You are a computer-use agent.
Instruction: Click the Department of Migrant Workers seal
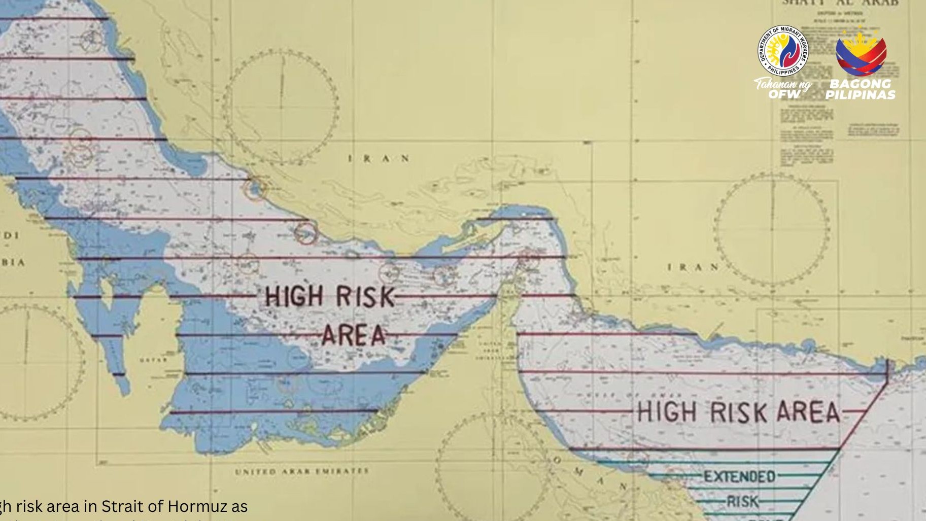782,51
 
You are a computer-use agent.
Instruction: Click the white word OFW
783,94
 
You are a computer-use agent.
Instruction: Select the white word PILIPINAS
860,95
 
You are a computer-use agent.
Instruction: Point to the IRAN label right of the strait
693,267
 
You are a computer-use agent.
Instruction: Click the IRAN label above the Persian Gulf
379,158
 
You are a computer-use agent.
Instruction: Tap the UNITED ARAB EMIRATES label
301,471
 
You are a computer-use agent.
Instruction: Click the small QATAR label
153,360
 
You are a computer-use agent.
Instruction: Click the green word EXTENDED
739,476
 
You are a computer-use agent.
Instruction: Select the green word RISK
742,502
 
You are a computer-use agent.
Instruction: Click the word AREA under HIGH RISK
354,335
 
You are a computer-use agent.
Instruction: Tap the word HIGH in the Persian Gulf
294,296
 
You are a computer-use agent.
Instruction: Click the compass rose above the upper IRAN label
281,107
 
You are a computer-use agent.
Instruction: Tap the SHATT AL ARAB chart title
839,3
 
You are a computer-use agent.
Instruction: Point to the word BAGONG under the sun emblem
860,84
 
